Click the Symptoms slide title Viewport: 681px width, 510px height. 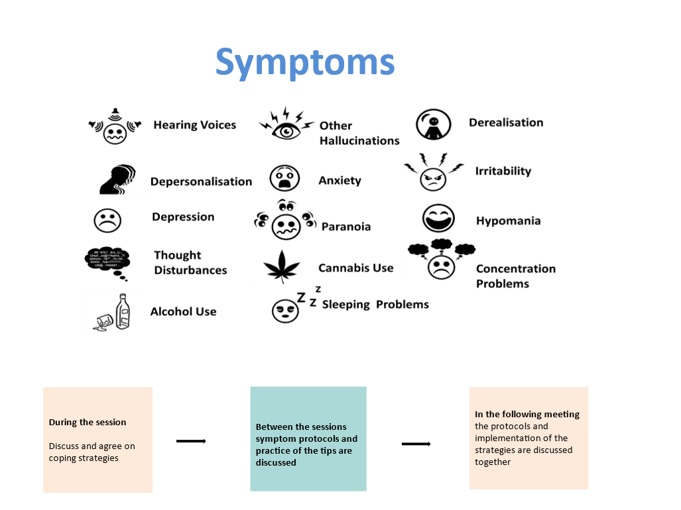305,62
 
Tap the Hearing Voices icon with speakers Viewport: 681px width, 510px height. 115,127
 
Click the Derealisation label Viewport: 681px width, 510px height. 505,123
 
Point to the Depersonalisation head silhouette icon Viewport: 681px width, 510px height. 117,179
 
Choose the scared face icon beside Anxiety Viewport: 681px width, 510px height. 284,179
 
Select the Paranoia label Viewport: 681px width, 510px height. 345,227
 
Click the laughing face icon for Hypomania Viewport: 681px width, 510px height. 438,219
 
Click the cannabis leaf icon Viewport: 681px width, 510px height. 282,266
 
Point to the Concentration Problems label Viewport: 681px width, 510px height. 515,276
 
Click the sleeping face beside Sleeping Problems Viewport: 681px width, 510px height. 284,310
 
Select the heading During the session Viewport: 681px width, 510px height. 87,422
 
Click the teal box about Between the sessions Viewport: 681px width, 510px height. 308,438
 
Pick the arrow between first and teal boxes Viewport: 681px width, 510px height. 191,441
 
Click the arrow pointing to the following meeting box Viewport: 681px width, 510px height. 416,444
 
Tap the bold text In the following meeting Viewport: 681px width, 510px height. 526,414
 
